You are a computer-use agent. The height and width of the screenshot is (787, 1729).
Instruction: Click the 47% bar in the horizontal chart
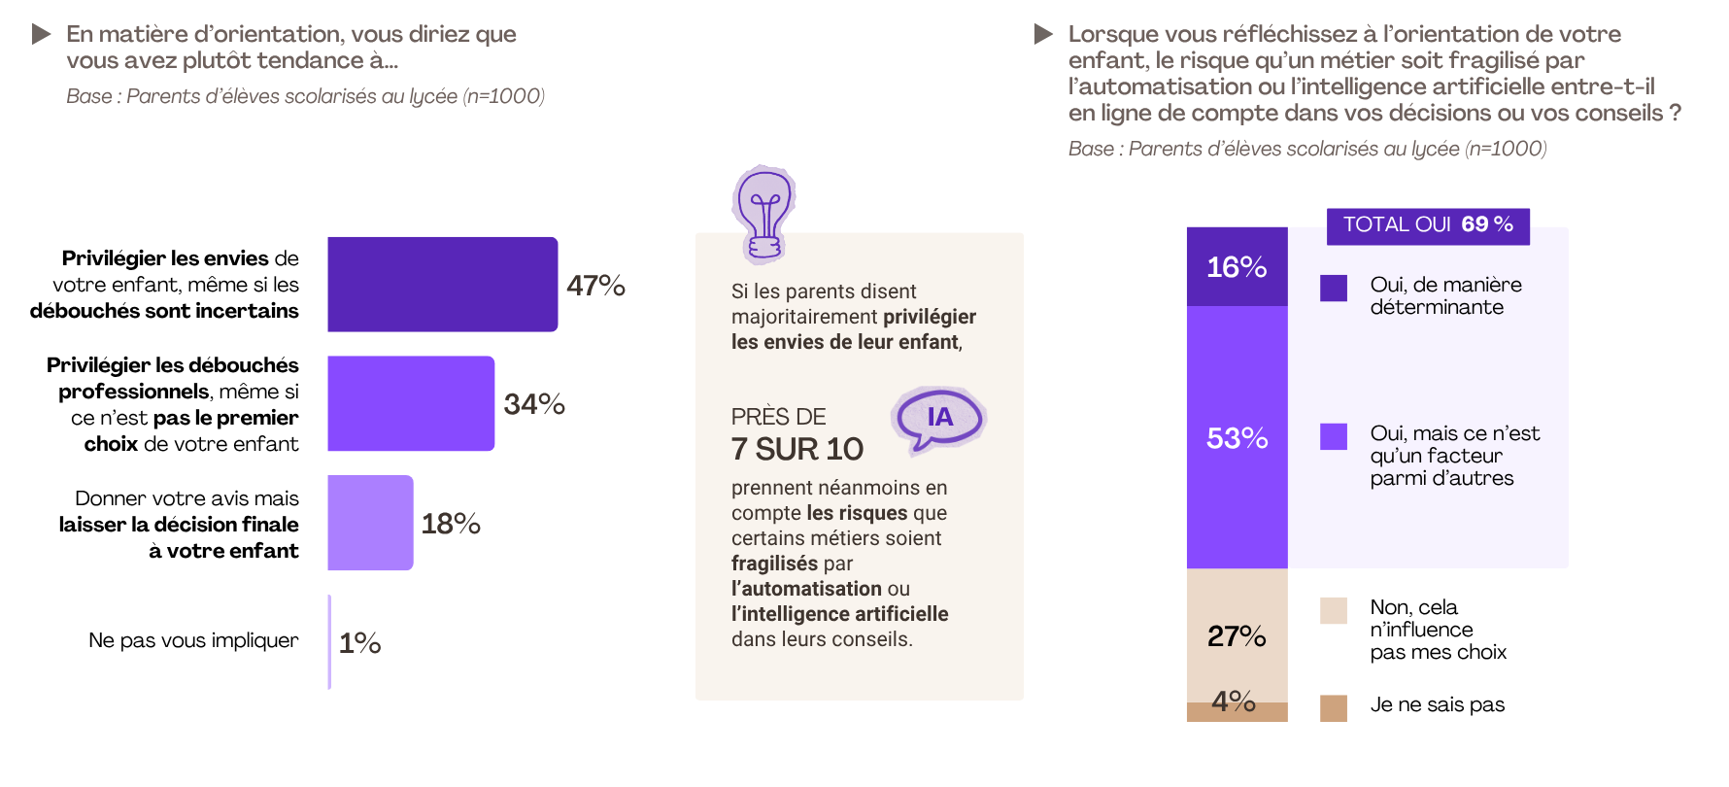coord(442,284)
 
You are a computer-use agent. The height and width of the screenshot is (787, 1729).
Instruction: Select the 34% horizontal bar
coord(410,403)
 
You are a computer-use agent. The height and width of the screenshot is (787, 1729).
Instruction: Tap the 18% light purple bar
coord(370,523)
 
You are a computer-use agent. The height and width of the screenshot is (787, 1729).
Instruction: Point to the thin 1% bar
coord(330,641)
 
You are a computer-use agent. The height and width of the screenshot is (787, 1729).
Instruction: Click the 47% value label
coord(595,286)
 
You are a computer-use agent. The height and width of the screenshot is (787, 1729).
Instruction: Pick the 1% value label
coord(359,643)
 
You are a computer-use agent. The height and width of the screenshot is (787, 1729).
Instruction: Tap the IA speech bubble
coord(938,419)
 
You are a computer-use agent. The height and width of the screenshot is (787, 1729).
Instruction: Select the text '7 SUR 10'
coord(797,449)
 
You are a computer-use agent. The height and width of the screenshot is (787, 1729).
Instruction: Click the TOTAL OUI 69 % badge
coord(1428,225)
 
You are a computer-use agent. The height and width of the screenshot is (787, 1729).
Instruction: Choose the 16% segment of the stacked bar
coord(1237,267)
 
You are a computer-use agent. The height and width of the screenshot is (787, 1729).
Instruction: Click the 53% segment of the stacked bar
coord(1237,437)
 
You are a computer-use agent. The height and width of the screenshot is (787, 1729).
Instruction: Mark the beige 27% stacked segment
coord(1237,635)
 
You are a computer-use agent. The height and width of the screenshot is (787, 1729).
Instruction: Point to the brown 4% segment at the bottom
coord(1237,713)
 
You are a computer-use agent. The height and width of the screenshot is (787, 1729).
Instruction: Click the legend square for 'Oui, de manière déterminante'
coord(1334,288)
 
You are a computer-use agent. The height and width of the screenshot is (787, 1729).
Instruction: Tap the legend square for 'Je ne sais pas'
coord(1334,707)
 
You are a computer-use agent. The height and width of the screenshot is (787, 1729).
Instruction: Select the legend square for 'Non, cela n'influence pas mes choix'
coord(1334,610)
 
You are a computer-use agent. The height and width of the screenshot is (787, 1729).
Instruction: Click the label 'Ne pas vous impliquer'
coord(193,640)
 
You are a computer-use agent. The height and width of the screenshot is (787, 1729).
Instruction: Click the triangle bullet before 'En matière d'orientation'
coord(41,35)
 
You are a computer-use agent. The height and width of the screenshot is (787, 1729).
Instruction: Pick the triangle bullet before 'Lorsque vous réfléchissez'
coord(1043,35)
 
